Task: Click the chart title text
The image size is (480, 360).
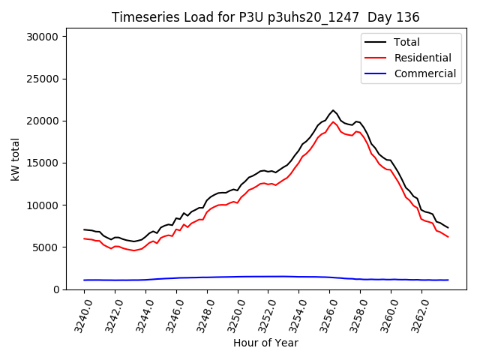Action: point(265,17)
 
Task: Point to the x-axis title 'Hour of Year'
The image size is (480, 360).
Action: point(265,343)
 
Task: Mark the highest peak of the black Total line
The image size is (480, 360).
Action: point(333,110)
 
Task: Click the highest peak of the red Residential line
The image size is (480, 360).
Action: point(333,121)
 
